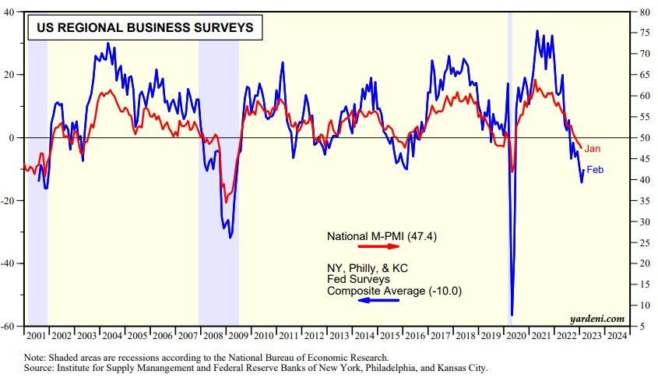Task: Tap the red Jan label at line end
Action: click(593, 148)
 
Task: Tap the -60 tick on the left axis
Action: click(15, 327)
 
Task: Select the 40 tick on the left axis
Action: click(17, 12)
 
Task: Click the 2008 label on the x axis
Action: click(211, 335)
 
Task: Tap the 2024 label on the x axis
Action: click(616, 335)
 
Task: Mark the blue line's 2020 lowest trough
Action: click(512, 315)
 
